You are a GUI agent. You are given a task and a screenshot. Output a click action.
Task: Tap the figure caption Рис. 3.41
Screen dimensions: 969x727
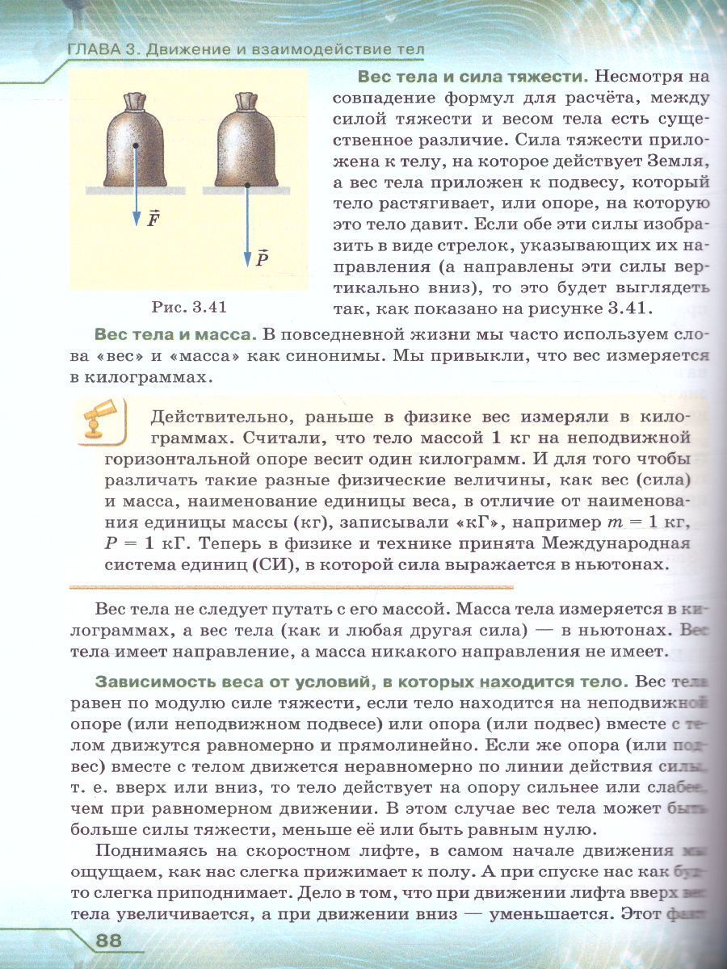[x=189, y=307]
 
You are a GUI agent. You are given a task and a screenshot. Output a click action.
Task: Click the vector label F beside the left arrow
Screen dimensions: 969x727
[x=153, y=219]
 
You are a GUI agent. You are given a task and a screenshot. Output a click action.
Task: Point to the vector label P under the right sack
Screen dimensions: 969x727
[x=263, y=258]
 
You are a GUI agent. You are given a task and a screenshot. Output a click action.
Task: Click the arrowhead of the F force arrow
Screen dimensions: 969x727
[x=136, y=228]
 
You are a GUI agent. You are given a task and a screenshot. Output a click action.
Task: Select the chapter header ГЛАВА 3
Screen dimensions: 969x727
[x=100, y=51]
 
